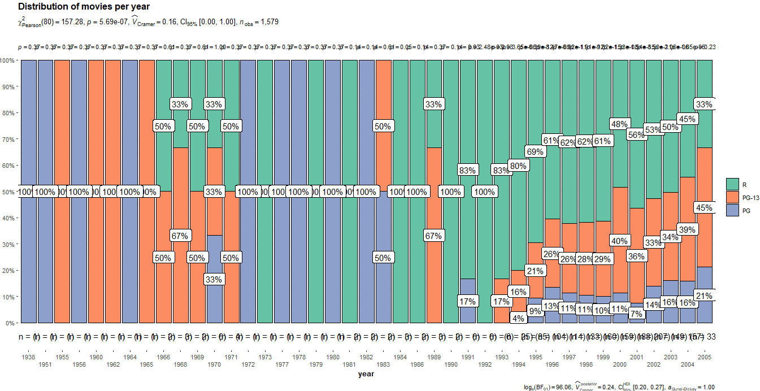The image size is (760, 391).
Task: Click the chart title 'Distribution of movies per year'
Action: coord(84,6)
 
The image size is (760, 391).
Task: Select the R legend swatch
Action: coord(732,184)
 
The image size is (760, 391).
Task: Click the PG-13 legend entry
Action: coord(732,197)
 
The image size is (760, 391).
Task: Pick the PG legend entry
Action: coord(732,210)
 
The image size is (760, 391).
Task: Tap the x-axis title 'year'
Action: coord(366,374)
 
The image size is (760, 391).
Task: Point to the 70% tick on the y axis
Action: coord(8,139)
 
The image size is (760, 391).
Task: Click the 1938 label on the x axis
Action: coord(28,357)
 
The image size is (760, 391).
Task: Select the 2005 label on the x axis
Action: coord(703,357)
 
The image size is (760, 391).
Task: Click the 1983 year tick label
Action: coord(383,365)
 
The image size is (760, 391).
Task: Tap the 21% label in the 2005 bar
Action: coord(703,296)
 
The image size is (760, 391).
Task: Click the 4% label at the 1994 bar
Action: coord(518,318)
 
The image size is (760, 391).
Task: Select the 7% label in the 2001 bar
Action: coord(636,313)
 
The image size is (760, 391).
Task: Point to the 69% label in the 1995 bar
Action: coord(535,151)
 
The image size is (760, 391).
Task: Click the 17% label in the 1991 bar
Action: coord(467,301)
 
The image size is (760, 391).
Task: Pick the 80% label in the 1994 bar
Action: coord(518,166)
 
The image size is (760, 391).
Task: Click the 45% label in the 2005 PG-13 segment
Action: coord(703,207)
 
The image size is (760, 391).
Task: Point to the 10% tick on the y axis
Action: coord(8,297)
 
